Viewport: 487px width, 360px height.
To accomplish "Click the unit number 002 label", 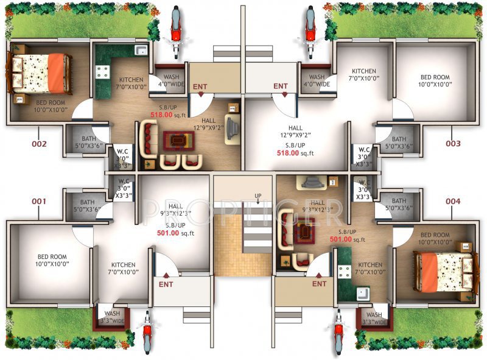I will click(x=39, y=144).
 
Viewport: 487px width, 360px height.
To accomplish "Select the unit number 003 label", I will click(x=452, y=144).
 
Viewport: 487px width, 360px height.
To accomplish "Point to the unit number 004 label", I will click(x=452, y=201).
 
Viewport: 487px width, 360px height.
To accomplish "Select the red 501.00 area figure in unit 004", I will click(x=341, y=239).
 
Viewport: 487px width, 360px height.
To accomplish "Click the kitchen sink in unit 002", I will click(x=141, y=51).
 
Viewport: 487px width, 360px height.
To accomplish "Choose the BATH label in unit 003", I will click(x=399, y=139).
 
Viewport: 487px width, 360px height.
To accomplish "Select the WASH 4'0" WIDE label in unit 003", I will click(x=317, y=80).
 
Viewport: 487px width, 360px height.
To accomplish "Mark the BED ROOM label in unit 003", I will click(x=435, y=80).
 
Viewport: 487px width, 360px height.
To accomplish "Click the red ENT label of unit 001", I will click(x=166, y=284).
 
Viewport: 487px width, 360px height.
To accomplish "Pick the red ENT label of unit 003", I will click(x=280, y=86).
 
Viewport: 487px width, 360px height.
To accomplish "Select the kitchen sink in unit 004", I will click(x=363, y=294).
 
